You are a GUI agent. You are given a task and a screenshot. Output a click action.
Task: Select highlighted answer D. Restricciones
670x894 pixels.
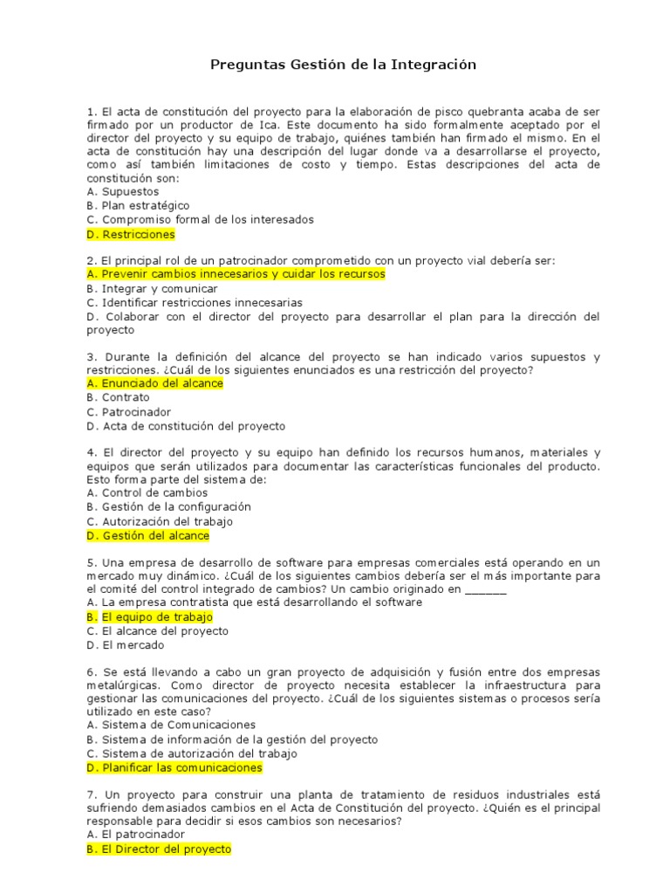tap(131, 234)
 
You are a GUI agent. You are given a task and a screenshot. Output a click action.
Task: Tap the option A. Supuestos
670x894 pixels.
tap(123, 191)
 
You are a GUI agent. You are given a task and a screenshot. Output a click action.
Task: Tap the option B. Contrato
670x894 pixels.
tap(119, 397)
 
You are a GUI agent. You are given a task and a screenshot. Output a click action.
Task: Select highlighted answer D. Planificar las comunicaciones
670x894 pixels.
tap(174, 767)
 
